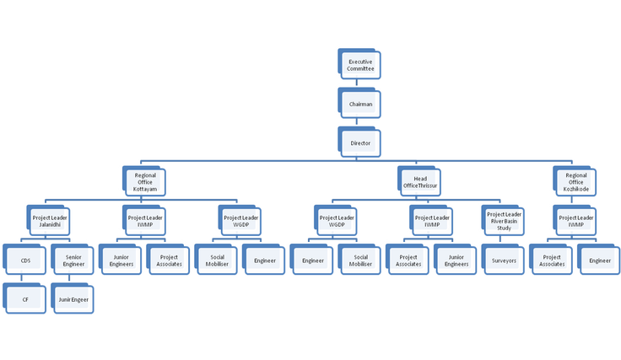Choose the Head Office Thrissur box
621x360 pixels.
(419, 182)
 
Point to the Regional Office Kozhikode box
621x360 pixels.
(576, 182)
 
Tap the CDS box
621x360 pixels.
(25, 261)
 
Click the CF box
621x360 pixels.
(25, 299)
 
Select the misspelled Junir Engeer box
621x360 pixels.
(73, 299)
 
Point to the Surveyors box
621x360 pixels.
(504, 261)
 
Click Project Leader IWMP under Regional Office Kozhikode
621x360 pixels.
(575, 222)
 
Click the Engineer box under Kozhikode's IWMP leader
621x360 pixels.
(600, 261)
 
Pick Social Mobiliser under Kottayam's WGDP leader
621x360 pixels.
(217, 261)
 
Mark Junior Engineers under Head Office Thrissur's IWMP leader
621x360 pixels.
(456, 261)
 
